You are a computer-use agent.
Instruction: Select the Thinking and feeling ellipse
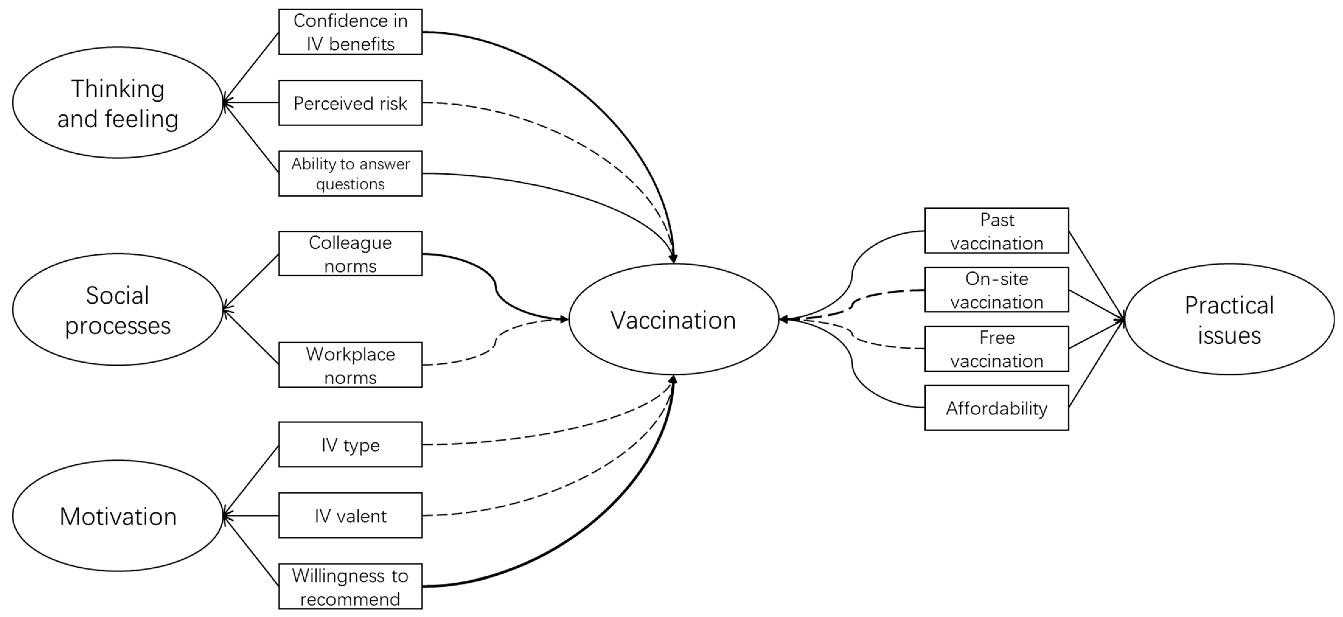118,103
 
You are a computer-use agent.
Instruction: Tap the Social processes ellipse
118,310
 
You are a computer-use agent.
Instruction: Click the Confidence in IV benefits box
350,32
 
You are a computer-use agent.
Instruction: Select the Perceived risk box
350,103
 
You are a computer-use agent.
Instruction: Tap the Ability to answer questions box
350,174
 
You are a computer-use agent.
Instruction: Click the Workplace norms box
350,365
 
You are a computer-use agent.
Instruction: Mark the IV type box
350,444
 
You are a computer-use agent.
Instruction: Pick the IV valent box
350,515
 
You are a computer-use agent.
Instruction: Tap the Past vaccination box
996,231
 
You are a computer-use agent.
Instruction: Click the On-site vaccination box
996,290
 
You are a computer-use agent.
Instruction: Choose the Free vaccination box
996,349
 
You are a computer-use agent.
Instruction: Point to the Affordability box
996,408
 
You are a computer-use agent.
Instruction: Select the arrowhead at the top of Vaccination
673,259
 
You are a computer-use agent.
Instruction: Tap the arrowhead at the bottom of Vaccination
673,380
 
